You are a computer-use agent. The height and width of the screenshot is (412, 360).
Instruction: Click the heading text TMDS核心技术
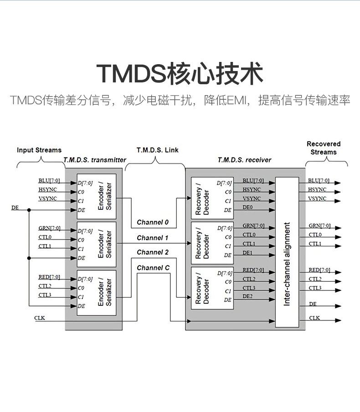point(180,74)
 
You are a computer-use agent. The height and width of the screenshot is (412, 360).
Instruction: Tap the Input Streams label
point(39,150)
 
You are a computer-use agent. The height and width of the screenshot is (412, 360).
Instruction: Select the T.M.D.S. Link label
point(158,150)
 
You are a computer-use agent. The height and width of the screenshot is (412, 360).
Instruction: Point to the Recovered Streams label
point(324,148)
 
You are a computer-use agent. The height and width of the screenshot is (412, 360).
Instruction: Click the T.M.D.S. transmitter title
point(95,160)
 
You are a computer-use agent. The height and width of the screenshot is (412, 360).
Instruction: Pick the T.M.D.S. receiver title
point(244,160)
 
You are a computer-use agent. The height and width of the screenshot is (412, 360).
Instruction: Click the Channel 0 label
point(153,222)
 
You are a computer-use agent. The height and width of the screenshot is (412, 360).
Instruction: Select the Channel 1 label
point(153,238)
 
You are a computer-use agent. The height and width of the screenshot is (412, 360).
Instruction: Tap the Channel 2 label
point(153,252)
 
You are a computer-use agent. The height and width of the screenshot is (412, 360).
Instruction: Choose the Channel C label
point(153,268)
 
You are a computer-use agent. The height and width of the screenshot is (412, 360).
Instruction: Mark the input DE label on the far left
point(15,208)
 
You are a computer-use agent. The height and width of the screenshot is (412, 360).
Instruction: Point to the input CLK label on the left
point(40,317)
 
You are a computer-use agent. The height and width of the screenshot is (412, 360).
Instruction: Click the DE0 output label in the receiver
point(248,207)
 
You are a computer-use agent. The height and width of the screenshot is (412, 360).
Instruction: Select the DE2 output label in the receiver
point(248,296)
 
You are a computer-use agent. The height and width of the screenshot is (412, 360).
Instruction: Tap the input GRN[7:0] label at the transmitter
point(49,228)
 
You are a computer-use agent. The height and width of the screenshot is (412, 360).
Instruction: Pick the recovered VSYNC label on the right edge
point(317,198)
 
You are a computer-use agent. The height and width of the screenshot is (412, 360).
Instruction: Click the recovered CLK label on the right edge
point(314,317)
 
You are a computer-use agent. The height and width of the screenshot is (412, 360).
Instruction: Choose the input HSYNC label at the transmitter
point(47,189)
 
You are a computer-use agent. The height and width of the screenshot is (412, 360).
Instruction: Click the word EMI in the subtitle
point(237,101)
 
